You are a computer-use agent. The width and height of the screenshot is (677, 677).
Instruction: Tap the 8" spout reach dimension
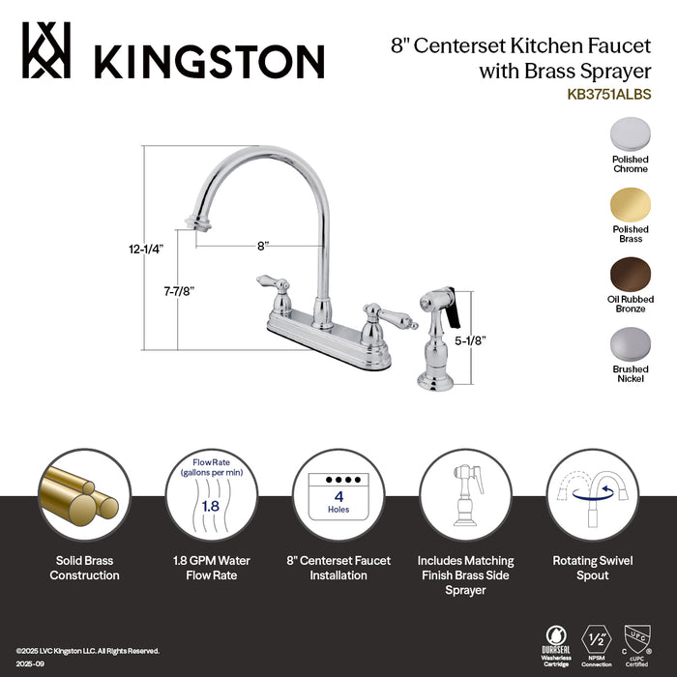pyautogui.click(x=262, y=246)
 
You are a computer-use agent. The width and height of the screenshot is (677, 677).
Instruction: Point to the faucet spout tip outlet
pyautogui.click(x=203, y=227)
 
